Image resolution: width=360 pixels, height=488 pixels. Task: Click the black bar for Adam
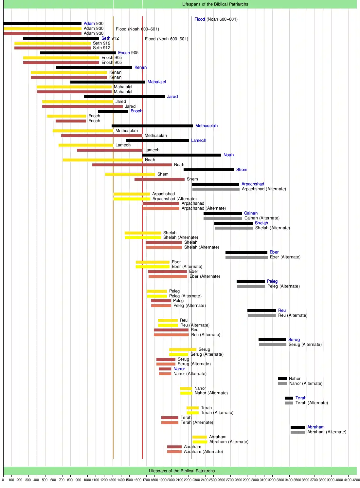(42, 24)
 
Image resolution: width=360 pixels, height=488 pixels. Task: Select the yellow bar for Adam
(42, 28)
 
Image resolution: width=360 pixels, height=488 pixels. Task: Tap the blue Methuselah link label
(206, 126)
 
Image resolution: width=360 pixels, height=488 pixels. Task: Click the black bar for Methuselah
(152, 126)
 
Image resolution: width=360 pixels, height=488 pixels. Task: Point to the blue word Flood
(199, 19)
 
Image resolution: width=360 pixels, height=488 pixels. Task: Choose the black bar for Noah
(181, 155)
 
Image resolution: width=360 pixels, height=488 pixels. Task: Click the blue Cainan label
(251, 213)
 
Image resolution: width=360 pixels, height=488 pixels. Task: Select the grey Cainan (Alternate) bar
(223, 218)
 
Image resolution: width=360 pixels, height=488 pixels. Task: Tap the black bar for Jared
(124, 97)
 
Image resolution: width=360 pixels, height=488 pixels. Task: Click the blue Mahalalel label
(156, 82)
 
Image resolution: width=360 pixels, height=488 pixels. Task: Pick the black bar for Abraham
(297, 427)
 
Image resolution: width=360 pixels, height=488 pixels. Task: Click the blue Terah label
(301, 398)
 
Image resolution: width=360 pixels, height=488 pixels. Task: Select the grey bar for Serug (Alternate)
(272, 345)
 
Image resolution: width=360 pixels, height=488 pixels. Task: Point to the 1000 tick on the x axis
(87, 480)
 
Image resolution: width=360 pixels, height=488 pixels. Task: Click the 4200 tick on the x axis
(356, 480)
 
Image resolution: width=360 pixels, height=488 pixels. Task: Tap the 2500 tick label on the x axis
(213, 480)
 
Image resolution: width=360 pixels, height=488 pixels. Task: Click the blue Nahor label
(179, 369)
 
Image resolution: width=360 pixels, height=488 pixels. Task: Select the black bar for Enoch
(113, 111)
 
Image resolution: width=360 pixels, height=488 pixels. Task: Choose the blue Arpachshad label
(253, 184)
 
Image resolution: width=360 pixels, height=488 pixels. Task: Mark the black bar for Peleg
(250, 281)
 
